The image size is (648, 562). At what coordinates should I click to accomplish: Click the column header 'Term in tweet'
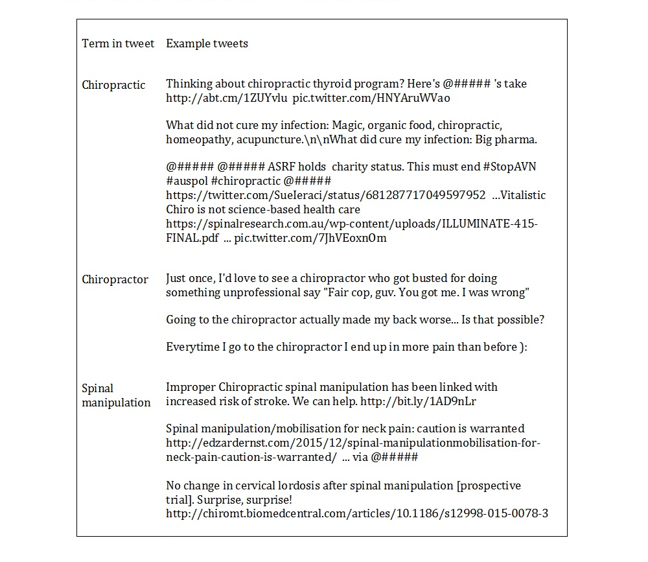118,43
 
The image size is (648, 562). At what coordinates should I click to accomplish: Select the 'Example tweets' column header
207,43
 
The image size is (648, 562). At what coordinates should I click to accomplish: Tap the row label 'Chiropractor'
115,279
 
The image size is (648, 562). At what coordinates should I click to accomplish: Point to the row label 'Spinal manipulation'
116,395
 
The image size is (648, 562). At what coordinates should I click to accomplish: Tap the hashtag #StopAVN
509,167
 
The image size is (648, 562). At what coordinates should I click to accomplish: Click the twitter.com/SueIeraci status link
325,195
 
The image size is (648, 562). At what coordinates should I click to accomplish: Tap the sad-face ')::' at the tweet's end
524,347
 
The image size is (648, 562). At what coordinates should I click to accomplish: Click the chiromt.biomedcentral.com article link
357,513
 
